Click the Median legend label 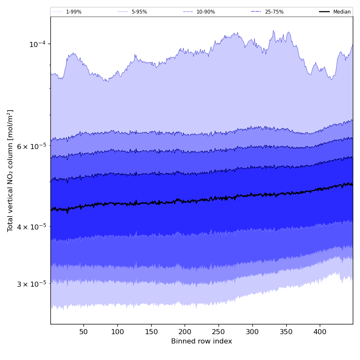coord(342,12)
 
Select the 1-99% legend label coord(74,12)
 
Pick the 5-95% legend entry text coord(139,12)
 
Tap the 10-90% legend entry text coord(205,12)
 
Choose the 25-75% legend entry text coord(274,12)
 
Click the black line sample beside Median coord(325,12)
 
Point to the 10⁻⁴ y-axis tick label coord(37,44)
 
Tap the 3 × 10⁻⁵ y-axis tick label coord(32,284)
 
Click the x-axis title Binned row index coord(202,341)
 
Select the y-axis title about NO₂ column coord(11,171)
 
